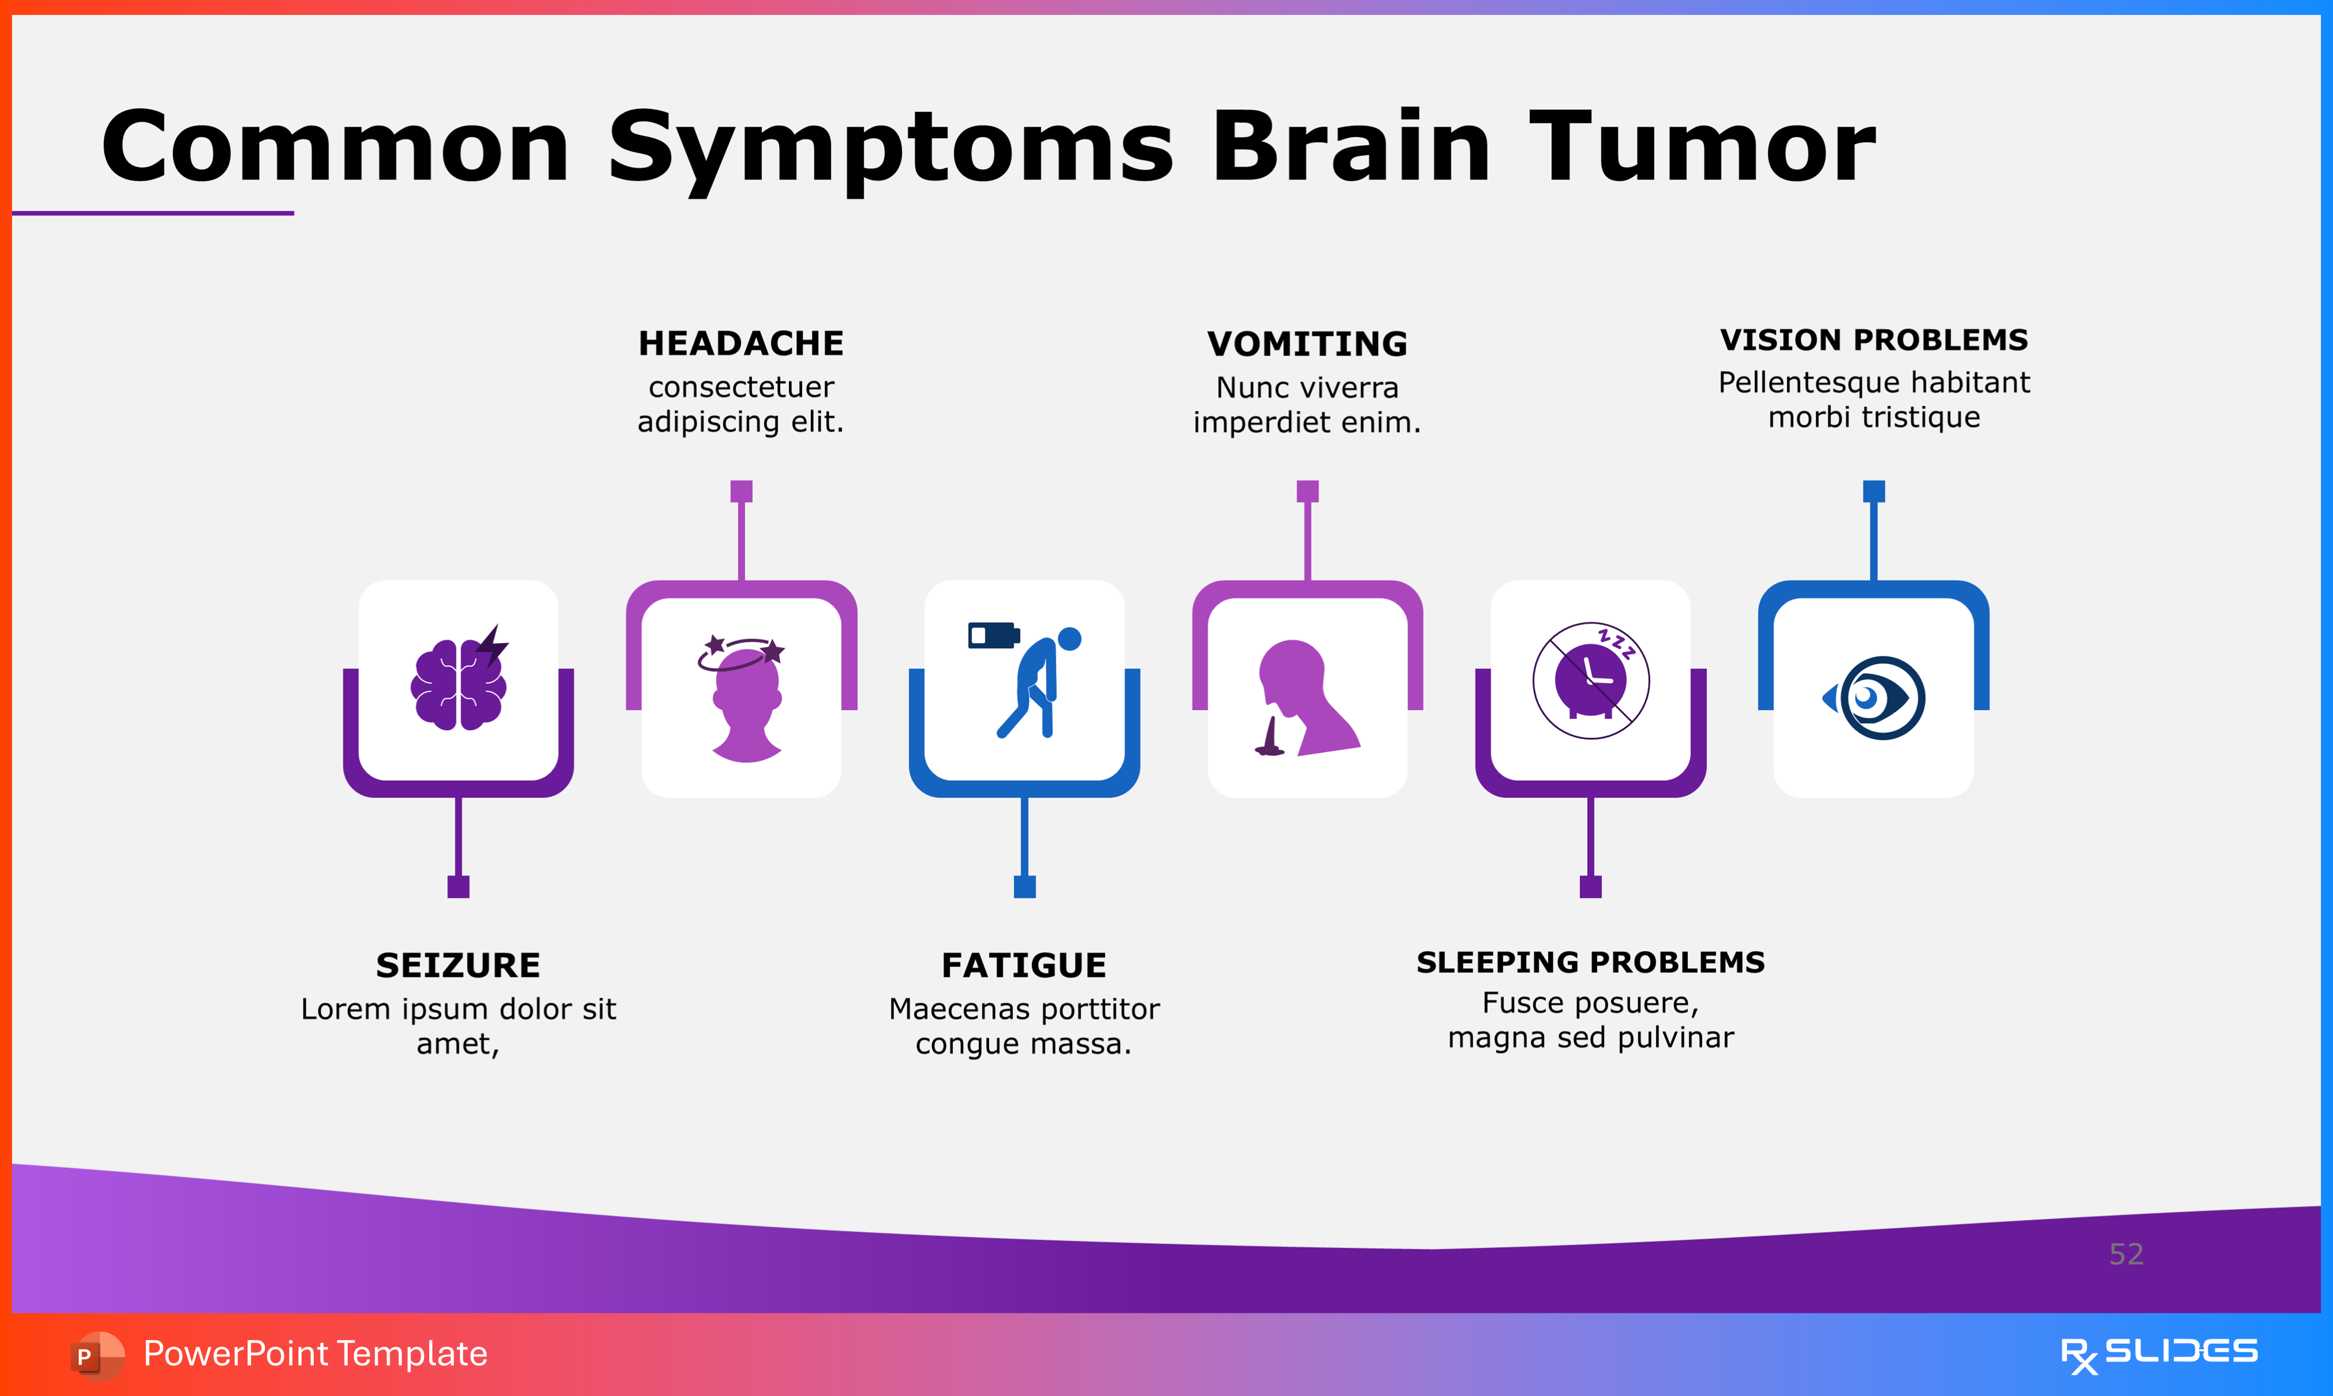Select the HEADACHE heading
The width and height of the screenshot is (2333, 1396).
point(741,344)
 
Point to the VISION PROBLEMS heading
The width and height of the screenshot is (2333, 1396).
point(1874,340)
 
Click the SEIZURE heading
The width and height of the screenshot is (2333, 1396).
point(458,965)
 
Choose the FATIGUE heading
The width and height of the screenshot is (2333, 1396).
point(1025,965)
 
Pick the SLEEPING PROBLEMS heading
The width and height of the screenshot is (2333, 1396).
point(1591,962)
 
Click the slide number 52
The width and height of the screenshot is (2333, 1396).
point(2126,1254)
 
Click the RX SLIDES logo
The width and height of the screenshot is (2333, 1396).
point(2159,1353)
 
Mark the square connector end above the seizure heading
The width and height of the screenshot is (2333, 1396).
point(458,886)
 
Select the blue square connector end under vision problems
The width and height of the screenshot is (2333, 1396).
point(1874,491)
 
